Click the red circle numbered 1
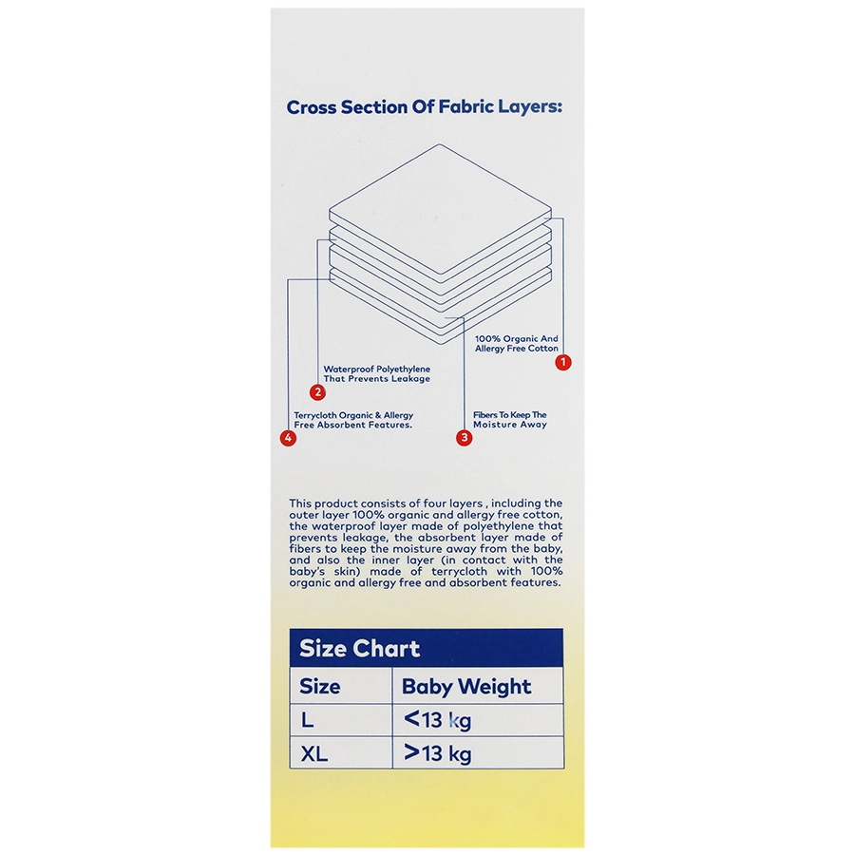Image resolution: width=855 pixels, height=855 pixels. click(x=563, y=362)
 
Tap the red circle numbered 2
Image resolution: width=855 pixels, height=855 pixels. click(x=317, y=392)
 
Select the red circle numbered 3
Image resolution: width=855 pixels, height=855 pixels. click(x=464, y=437)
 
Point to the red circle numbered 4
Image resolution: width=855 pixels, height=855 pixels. click(x=288, y=437)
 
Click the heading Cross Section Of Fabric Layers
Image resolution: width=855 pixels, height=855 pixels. click(x=425, y=106)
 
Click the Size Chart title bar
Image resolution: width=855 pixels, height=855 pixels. click(x=427, y=648)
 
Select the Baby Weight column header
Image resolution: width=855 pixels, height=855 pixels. click(x=466, y=687)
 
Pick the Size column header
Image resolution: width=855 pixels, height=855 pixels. click(x=319, y=686)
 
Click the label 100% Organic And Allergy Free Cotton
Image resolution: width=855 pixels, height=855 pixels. click(x=517, y=344)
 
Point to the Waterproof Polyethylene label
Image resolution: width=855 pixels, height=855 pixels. click(x=377, y=373)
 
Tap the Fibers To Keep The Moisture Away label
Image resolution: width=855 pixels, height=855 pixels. click(x=510, y=419)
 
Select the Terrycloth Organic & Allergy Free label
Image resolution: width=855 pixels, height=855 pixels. click(x=353, y=420)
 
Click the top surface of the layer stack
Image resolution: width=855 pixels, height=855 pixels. click(x=440, y=210)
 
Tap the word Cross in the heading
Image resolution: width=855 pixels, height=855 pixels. click(x=312, y=107)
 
